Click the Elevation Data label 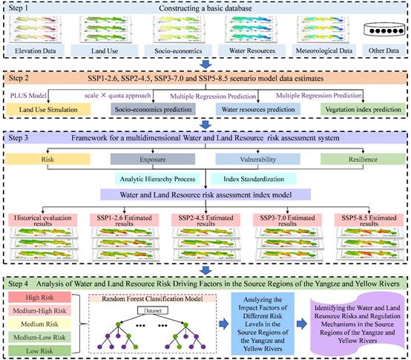[35, 50]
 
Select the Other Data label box [384, 50]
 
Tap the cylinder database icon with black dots [384, 30]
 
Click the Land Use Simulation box [48, 109]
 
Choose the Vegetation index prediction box [363, 109]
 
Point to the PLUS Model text [28, 96]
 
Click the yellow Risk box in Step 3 [47, 159]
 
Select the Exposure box [153, 159]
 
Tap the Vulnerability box [257, 159]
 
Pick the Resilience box [363, 159]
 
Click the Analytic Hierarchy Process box [157, 179]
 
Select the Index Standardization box [254, 179]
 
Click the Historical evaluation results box [43, 220]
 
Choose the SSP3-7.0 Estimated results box [287, 220]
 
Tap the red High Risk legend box [39, 298]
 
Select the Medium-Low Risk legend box [39, 337]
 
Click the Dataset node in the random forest [153, 310]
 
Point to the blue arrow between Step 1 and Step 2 [205, 65]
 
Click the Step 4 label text [19, 284]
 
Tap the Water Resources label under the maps [252, 50]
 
